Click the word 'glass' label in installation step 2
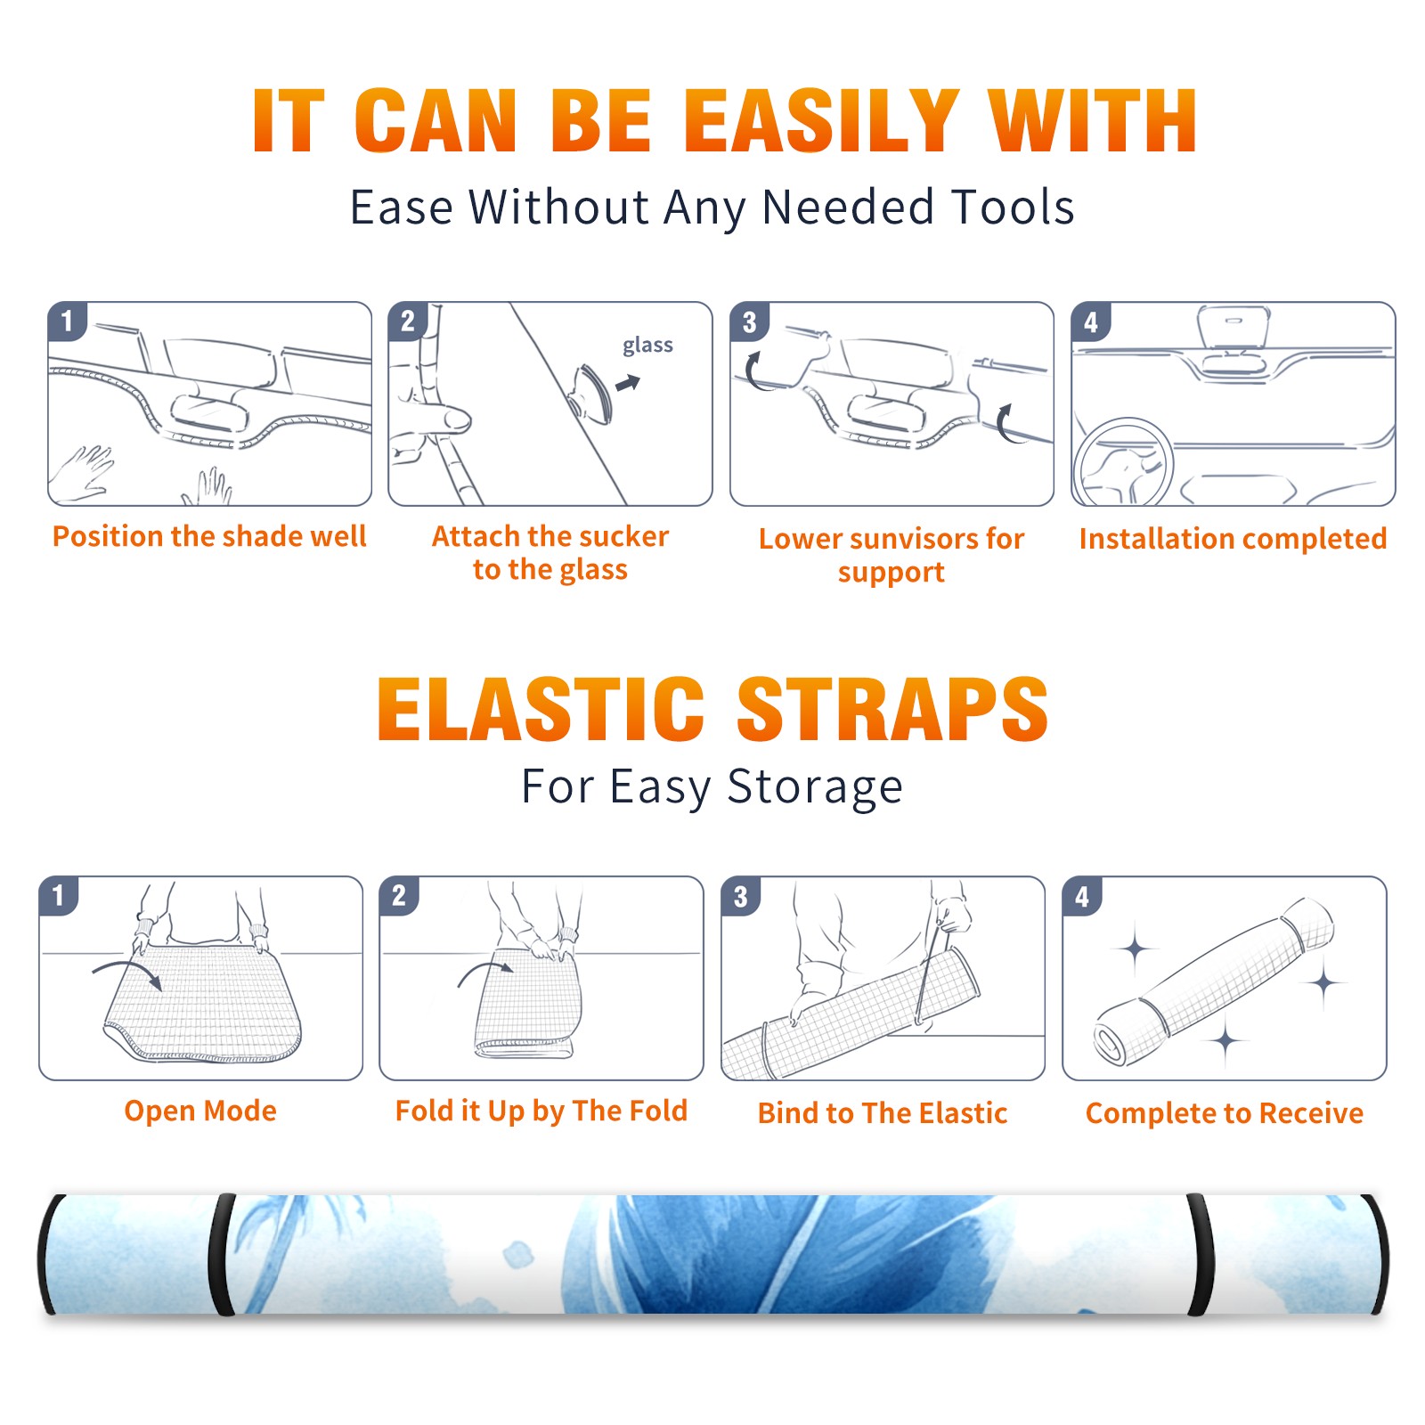647,346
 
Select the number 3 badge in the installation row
750,322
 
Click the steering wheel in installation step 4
1123,462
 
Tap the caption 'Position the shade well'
209,536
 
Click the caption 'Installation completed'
1233,538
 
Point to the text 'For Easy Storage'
712,787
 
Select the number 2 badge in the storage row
399,896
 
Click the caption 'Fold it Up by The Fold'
541,1111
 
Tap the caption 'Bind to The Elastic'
883,1113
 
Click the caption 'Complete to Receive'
1225,1113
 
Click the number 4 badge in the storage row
1082,896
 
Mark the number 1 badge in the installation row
67,322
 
